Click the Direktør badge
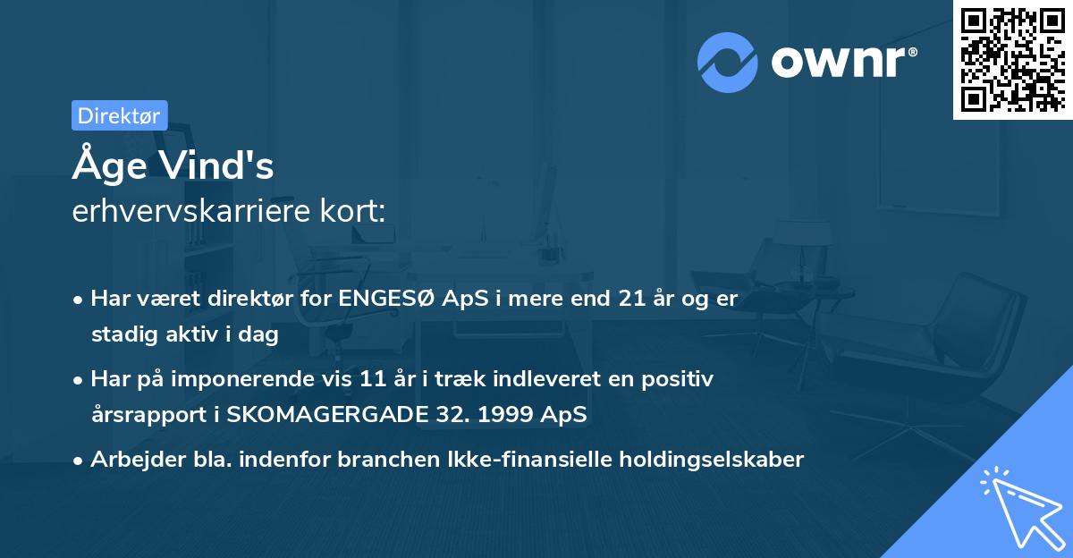[x=119, y=115]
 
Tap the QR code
[x=1012, y=59]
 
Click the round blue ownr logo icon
[x=728, y=63]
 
